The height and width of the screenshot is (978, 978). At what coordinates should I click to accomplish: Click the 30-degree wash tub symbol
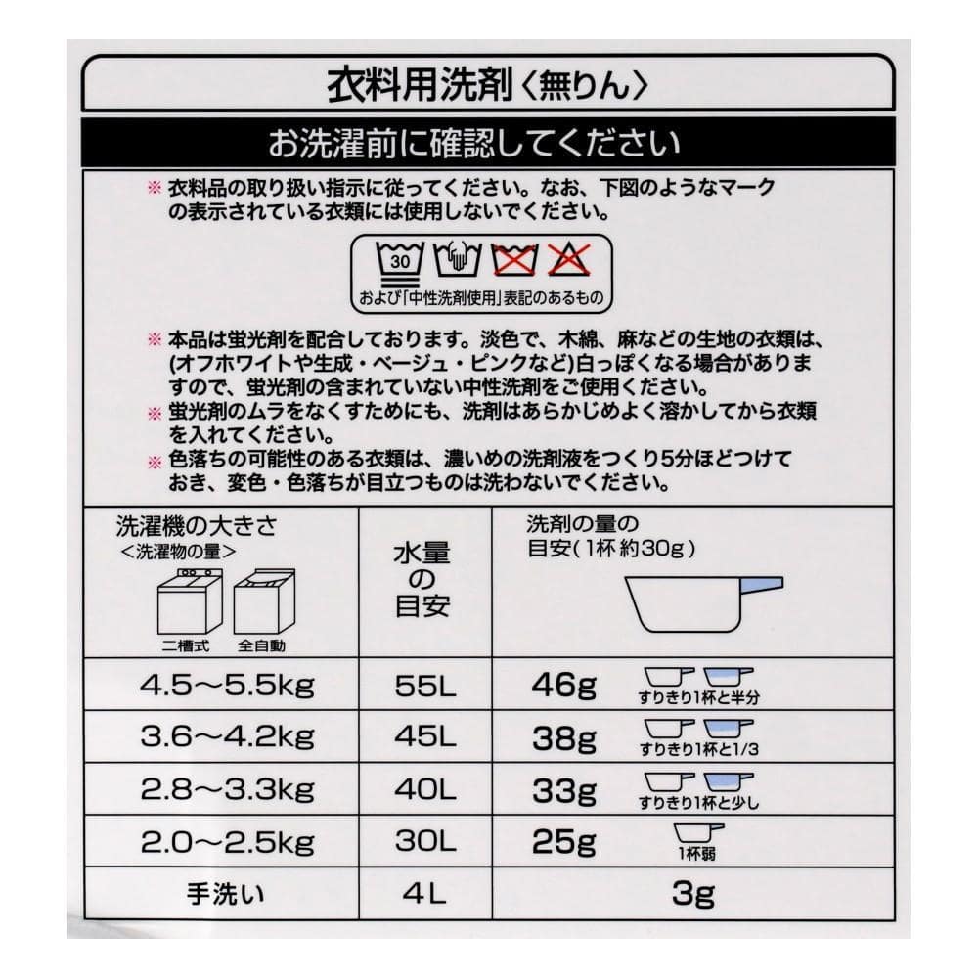pos(400,261)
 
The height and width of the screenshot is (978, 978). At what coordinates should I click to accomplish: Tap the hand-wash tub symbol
pos(458,259)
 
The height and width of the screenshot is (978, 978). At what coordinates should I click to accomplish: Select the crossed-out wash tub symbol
pos(514,259)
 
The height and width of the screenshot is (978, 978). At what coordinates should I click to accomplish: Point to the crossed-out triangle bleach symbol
pos(569,259)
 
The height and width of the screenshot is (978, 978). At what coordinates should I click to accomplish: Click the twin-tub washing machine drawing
pos(190,601)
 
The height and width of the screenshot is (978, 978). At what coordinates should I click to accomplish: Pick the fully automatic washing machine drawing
pos(264,601)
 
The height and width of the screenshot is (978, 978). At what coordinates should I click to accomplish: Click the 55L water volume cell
pos(424,686)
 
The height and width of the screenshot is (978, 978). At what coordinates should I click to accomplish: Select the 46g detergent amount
pos(563,685)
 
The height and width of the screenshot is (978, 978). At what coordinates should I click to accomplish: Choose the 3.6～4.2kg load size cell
pos(227,736)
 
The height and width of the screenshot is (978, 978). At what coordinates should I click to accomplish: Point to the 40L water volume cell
pos(424,790)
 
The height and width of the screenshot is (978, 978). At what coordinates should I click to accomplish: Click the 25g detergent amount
pos(563,843)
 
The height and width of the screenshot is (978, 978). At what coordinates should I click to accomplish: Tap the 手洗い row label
pos(225,895)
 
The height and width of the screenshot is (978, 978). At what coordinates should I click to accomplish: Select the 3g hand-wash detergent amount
pos(693,895)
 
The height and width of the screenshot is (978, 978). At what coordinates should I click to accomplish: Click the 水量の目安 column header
pos(422,580)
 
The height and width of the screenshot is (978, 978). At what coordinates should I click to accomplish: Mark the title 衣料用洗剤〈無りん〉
pos(488,85)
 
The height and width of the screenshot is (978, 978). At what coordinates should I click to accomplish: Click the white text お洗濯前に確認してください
pos(474,143)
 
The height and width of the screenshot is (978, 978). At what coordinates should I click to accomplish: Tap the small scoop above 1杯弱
pos(698,834)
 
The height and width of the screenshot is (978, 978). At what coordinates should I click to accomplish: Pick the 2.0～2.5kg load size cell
pos(227,843)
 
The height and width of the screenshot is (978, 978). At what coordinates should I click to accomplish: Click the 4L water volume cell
pos(424,895)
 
